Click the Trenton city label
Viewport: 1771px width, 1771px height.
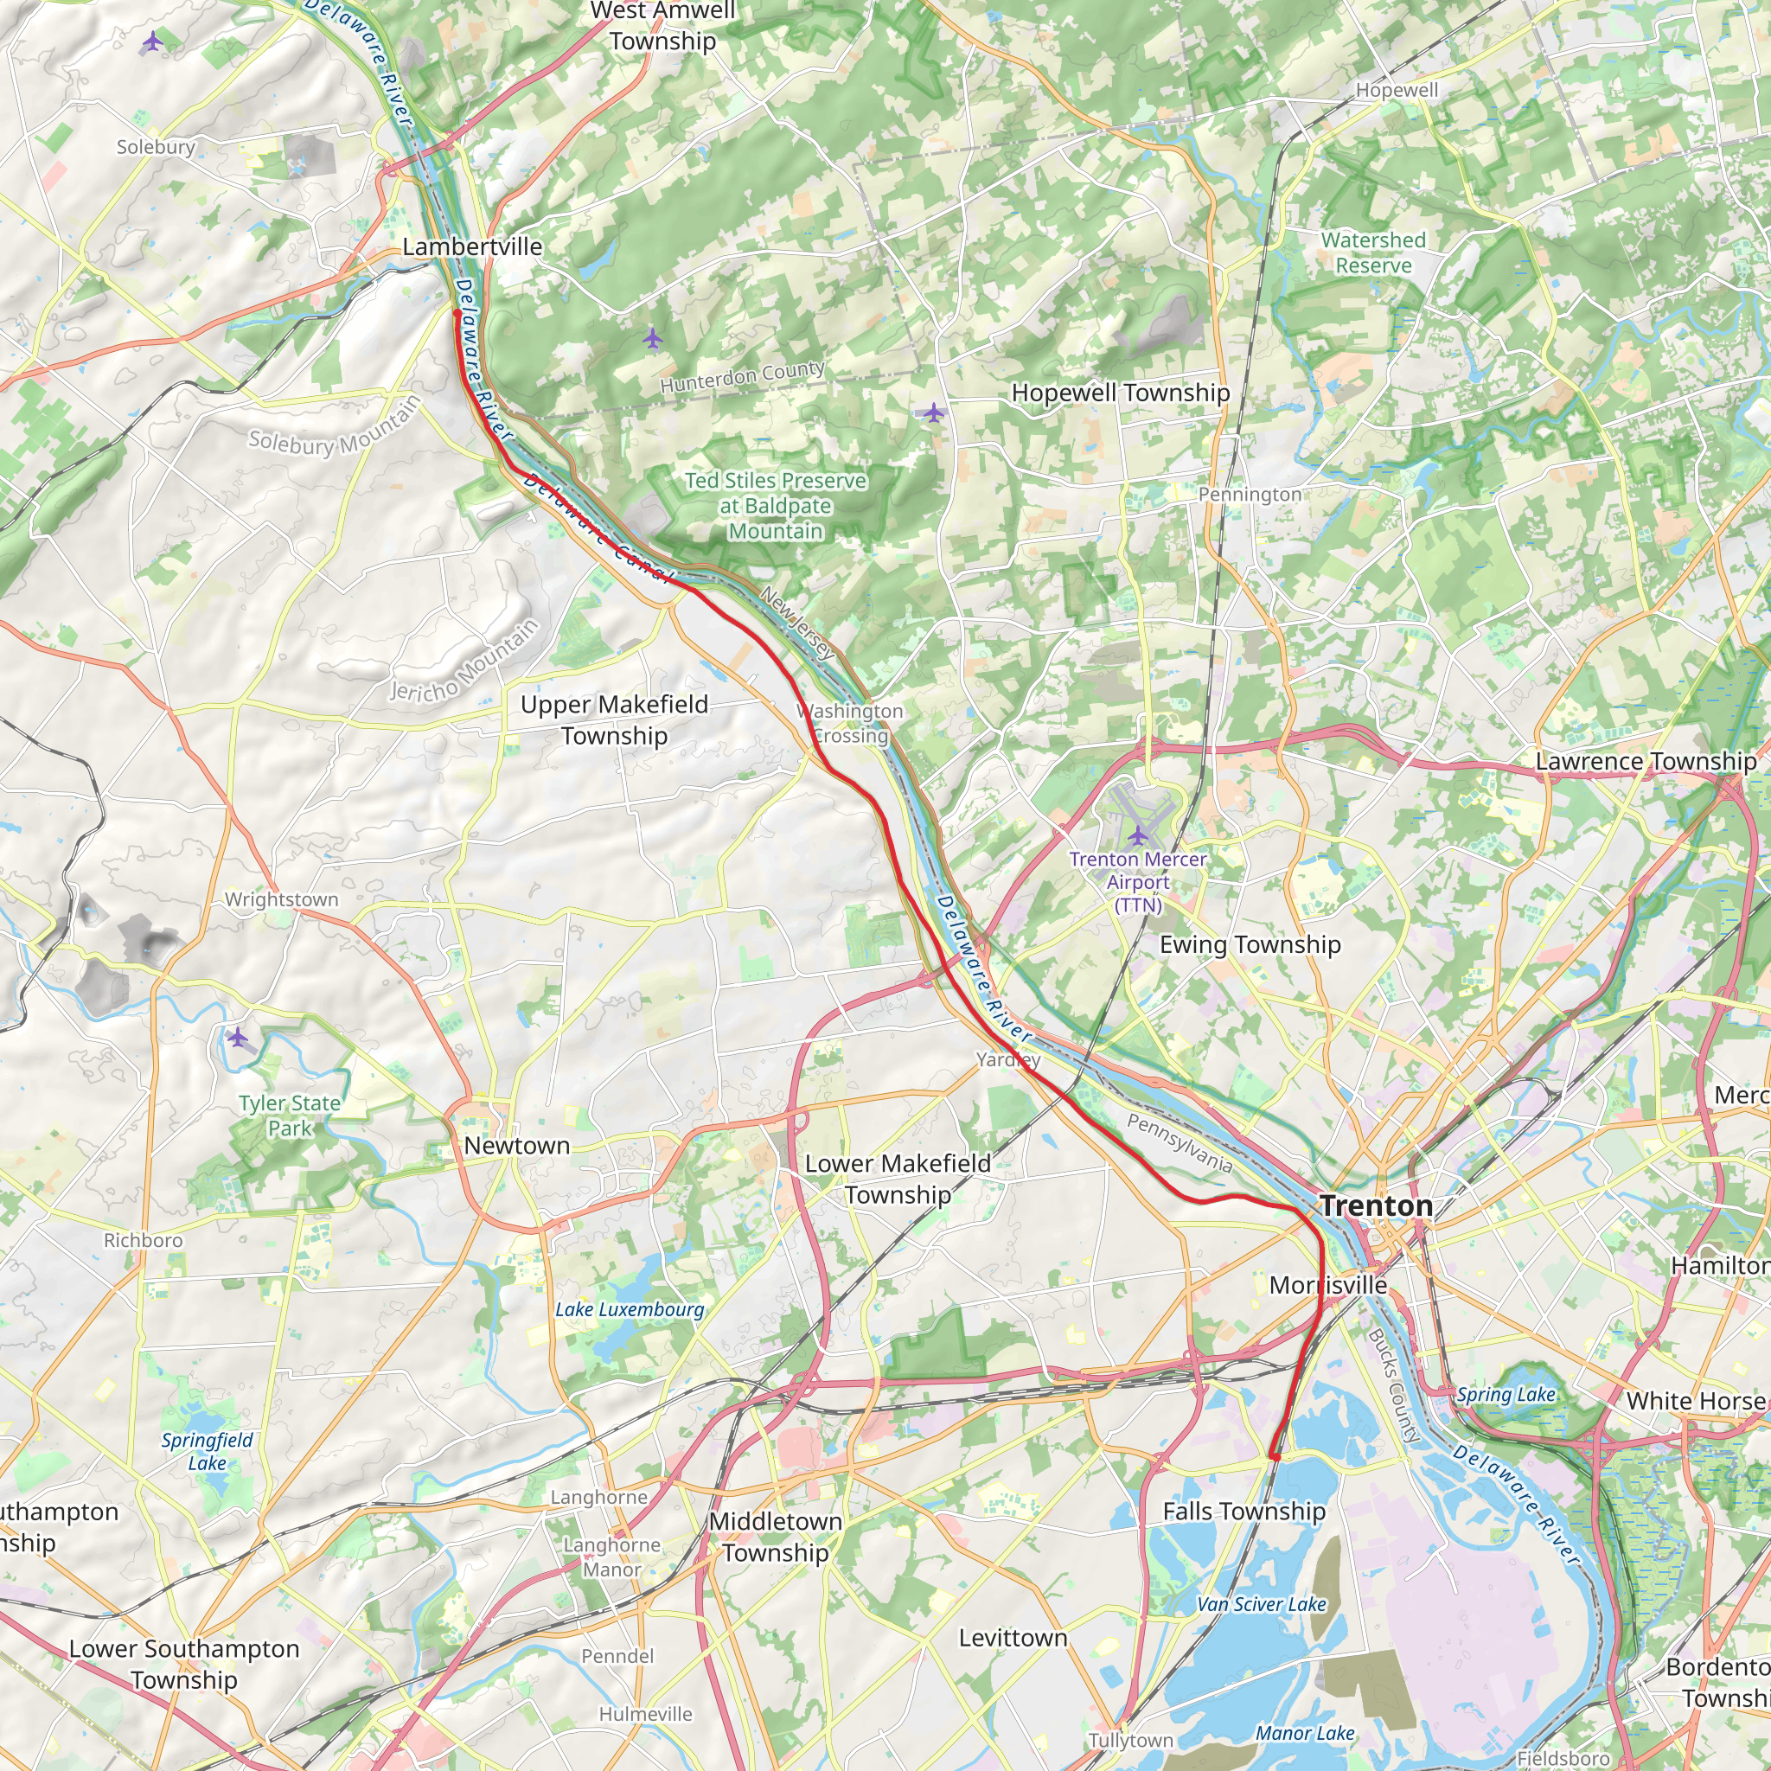point(1376,1206)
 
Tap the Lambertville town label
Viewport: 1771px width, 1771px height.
point(472,246)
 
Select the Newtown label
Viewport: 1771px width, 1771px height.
point(516,1146)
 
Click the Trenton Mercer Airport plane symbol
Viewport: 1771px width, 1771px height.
point(1138,835)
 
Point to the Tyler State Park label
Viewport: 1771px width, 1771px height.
point(290,1116)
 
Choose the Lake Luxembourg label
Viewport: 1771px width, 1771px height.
point(629,1310)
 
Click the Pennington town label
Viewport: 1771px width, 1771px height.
point(1250,495)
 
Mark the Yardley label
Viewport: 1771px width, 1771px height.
point(1007,1059)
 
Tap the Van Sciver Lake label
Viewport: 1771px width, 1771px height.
point(1262,1604)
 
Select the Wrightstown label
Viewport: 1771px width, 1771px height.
point(281,900)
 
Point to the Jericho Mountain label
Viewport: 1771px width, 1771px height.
point(464,662)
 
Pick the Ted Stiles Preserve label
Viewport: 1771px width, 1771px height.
point(776,506)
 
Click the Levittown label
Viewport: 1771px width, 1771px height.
point(1013,1638)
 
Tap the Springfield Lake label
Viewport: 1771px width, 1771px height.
point(208,1451)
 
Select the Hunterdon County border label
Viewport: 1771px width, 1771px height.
point(743,377)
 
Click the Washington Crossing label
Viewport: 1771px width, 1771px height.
point(850,723)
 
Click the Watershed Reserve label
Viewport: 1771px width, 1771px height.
point(1373,253)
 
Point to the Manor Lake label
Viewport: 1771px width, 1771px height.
point(1304,1708)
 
